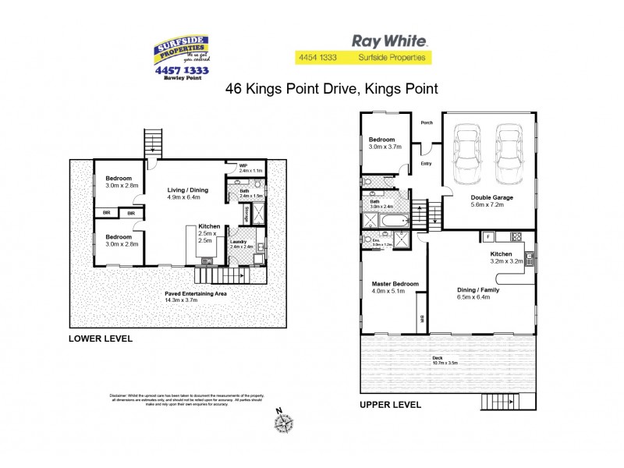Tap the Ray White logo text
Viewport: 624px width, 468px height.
(x=389, y=41)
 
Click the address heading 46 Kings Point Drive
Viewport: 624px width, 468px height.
(x=331, y=89)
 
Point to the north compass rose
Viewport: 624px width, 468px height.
(x=283, y=423)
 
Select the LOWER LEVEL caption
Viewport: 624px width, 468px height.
(x=101, y=339)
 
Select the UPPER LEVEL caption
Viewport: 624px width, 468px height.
(x=390, y=405)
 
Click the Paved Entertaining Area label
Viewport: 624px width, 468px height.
(x=195, y=294)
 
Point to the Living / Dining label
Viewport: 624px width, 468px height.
(x=188, y=190)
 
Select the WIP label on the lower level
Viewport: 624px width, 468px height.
(x=243, y=165)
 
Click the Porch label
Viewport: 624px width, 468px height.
(x=427, y=122)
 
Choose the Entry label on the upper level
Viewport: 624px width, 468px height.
(x=426, y=164)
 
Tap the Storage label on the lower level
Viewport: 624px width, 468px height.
(x=246, y=213)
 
